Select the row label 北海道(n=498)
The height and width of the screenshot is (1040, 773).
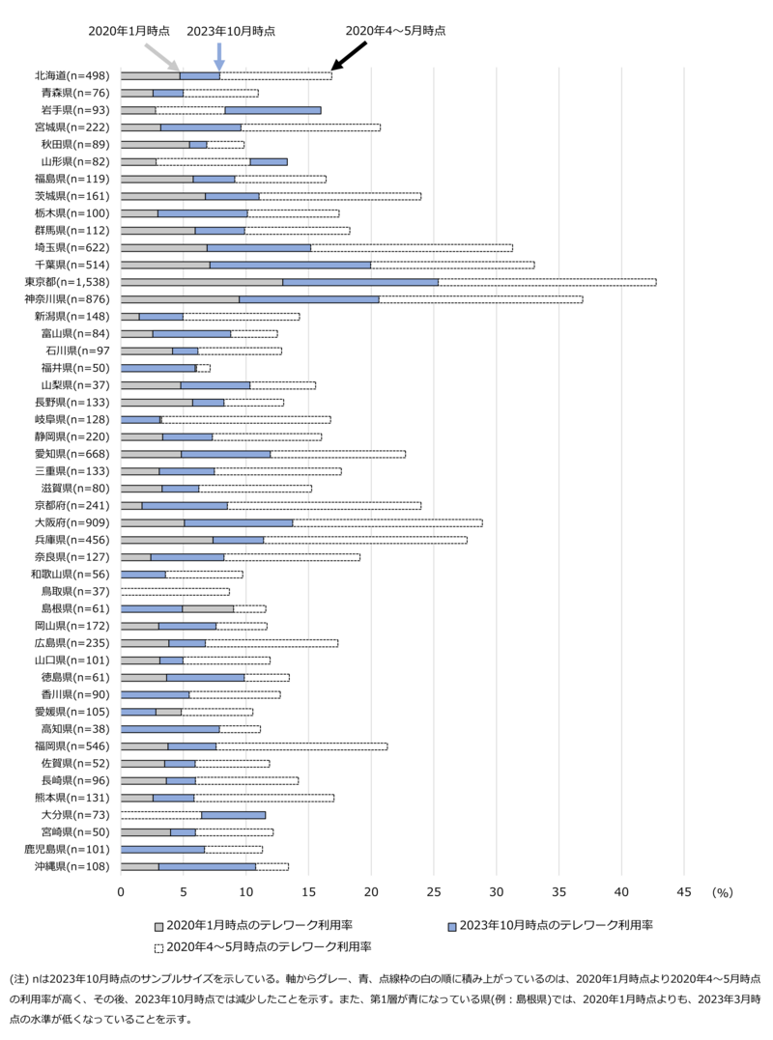pos(72,75)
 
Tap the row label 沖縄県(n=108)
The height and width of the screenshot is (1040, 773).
pos(72,866)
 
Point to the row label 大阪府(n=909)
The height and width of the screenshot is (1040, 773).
pos(72,522)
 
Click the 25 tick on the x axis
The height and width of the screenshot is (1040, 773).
pos(434,893)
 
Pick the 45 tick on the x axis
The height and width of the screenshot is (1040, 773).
pos(684,893)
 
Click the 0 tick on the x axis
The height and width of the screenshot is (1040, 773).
pos(121,893)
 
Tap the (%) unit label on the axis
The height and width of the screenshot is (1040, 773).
pos(723,893)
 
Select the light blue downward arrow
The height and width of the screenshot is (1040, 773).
pos(219,56)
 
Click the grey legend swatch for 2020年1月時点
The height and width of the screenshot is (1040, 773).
pos(158,925)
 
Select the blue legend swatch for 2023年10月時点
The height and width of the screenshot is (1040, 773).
pos(451,925)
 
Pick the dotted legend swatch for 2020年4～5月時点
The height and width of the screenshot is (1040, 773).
pos(158,946)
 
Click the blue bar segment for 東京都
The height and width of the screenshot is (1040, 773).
pos(360,282)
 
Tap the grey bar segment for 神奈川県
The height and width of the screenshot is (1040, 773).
pos(180,299)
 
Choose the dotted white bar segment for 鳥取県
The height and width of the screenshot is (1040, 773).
pos(175,591)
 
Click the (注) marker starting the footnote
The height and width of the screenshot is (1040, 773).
pos(18,979)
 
